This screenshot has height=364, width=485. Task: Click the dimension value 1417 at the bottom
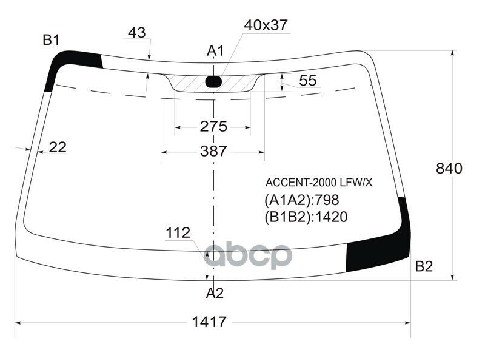tap(210, 322)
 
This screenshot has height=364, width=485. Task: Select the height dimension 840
tap(449, 169)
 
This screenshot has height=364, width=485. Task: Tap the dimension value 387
tap(213, 151)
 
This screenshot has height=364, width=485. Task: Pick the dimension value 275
tap(213, 127)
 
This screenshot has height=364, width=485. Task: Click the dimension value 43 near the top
tap(138, 33)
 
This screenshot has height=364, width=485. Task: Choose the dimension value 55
tap(308, 81)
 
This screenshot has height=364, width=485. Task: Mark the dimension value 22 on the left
tap(58, 147)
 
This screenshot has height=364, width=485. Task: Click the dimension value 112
tap(178, 233)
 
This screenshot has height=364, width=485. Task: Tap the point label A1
tap(215, 51)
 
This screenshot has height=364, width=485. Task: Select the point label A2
tap(215, 294)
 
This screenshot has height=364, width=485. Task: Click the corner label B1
tap(51, 41)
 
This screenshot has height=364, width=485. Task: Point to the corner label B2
tap(424, 266)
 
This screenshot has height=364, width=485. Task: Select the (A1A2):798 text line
tap(301, 200)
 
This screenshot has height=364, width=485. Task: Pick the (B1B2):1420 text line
tap(306, 217)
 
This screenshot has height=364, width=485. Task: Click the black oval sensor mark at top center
tap(213, 81)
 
